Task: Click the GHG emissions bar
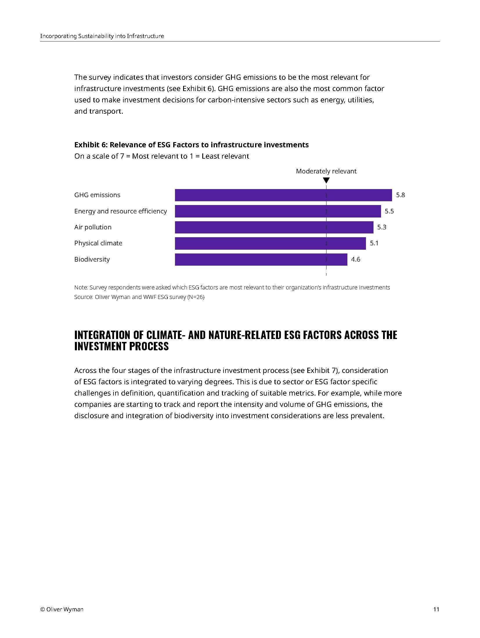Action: tap(283, 195)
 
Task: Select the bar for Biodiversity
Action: tap(261, 259)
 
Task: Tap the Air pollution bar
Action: tap(274, 227)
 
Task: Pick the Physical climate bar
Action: tap(270, 243)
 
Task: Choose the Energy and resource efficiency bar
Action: tap(278, 211)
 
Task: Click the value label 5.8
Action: tap(400, 195)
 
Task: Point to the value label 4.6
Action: tap(356, 259)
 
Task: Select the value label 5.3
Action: tap(382, 227)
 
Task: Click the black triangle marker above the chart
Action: tap(326, 180)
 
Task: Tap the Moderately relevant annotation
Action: tap(326, 171)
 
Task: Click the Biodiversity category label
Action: tap(92, 259)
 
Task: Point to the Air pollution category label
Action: tap(93, 227)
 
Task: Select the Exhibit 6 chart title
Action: tap(191, 145)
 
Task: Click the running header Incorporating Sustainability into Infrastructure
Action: tap(102, 36)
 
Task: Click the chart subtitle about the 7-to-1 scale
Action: tap(162, 156)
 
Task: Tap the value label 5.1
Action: tap(374, 243)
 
